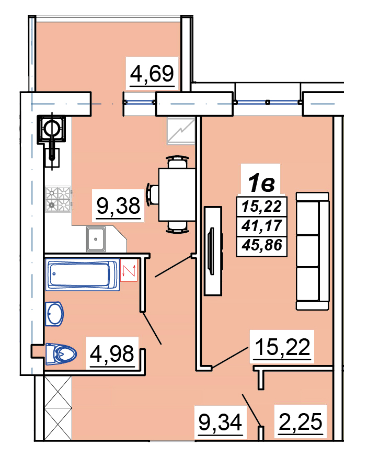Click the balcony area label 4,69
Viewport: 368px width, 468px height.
click(152, 73)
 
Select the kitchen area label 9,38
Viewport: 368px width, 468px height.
click(119, 206)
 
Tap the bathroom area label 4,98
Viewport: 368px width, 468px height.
click(112, 353)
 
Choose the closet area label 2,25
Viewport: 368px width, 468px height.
click(301, 422)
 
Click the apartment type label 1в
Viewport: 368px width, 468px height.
click(261, 183)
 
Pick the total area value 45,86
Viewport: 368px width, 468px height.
click(262, 245)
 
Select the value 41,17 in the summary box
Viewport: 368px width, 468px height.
click(262, 226)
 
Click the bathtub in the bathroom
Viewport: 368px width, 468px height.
click(83, 275)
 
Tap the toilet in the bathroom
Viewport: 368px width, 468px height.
click(61, 354)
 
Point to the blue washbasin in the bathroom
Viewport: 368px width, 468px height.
click(54, 314)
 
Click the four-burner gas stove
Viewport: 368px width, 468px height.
click(58, 199)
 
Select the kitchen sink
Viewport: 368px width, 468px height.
click(96, 239)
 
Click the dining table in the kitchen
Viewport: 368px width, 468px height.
click(177, 195)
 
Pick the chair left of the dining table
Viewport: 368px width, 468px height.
click(152, 195)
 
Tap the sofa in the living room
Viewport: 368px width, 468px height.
click(313, 250)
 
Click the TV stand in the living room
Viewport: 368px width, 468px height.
click(213, 250)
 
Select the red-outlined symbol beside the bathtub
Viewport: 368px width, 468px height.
click(129, 270)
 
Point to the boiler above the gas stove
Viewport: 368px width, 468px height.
click(52, 130)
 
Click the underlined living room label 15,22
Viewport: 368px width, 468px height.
click(283, 347)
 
